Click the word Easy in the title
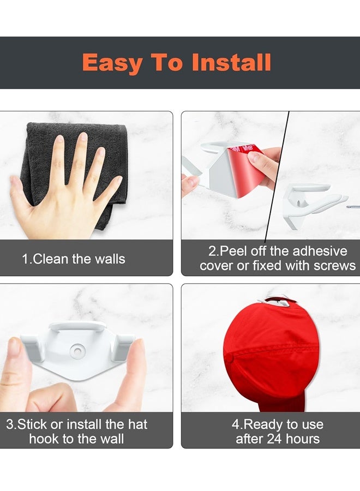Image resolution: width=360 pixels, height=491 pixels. point(112,63)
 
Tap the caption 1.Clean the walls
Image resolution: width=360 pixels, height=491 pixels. point(74,259)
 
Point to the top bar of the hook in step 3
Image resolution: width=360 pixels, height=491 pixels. point(77,326)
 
